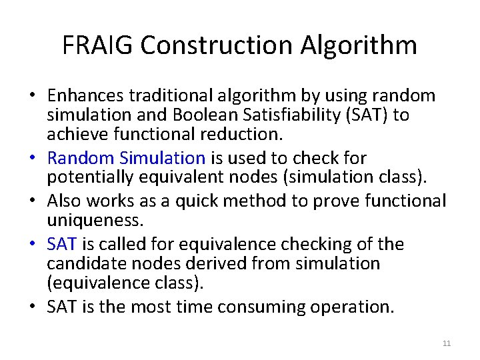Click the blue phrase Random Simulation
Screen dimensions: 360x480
(x=127, y=158)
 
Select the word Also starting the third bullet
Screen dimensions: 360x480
(x=63, y=201)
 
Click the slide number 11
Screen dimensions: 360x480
(x=446, y=343)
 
